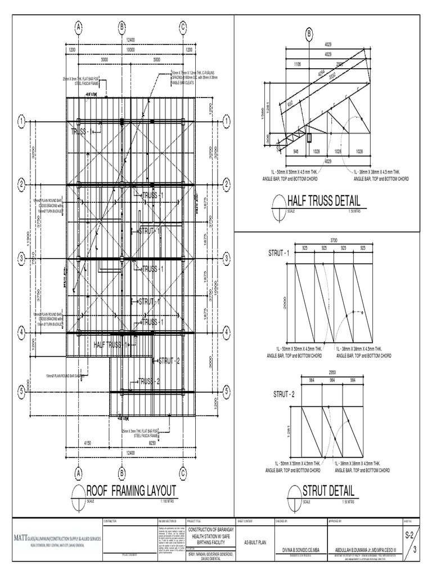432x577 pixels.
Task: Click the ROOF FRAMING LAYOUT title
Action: [130, 489]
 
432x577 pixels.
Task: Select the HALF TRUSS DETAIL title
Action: [323, 201]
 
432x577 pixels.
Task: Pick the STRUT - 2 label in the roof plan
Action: [169, 361]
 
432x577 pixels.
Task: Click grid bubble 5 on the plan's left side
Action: [21, 390]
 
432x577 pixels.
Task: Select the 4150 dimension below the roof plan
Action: [87, 444]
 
